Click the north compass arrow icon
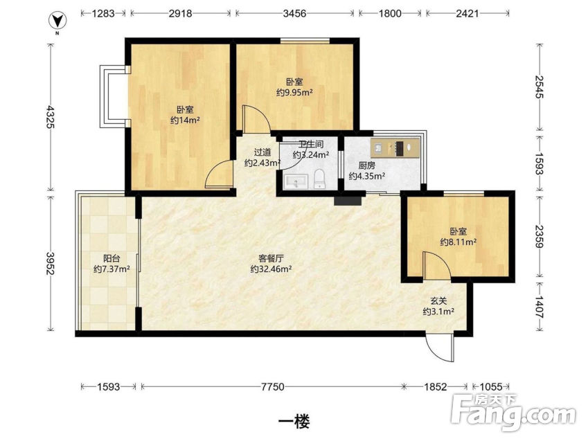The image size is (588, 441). pos(58,21)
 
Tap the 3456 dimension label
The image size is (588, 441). pos(295,14)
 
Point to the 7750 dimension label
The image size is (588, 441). pos(272,386)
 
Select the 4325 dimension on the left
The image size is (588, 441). pos(50,118)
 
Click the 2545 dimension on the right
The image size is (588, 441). pos(540,87)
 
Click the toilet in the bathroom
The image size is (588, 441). pos(319,179)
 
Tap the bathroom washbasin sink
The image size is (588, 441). pos(296,182)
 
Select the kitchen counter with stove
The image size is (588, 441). pos(395,147)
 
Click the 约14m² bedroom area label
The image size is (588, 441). pos(185,120)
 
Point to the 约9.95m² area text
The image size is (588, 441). pos(294,92)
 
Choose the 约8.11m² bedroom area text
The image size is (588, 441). pos(458,242)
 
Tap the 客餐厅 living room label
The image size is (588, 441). pos(271,258)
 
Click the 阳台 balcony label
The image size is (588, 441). pos(112,258)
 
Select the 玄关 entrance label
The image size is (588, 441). pos(438,300)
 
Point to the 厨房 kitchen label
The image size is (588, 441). pos(366,165)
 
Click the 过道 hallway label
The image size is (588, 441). pos(262,152)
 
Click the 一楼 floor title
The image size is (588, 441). pos(294,422)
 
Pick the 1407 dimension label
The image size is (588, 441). pos(540,307)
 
